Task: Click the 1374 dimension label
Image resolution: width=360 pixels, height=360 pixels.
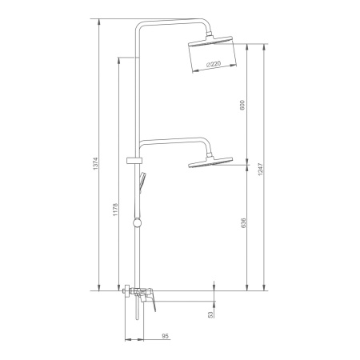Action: pos(96,164)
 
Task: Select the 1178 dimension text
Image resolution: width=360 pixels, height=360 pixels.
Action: pos(115,210)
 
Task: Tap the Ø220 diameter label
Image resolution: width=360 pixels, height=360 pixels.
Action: pos(214,64)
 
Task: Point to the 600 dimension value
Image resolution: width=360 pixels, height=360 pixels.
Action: pos(242,106)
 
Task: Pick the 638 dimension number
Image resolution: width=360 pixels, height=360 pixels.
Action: pos(243,223)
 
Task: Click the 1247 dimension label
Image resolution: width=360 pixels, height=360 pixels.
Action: pos(261,170)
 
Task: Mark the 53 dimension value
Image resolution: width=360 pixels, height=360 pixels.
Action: pos(211,314)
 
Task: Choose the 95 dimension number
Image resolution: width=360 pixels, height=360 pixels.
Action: pos(166,336)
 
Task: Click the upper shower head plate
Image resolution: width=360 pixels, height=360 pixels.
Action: pos(210,42)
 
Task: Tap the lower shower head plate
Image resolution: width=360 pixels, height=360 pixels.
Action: pos(210,162)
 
